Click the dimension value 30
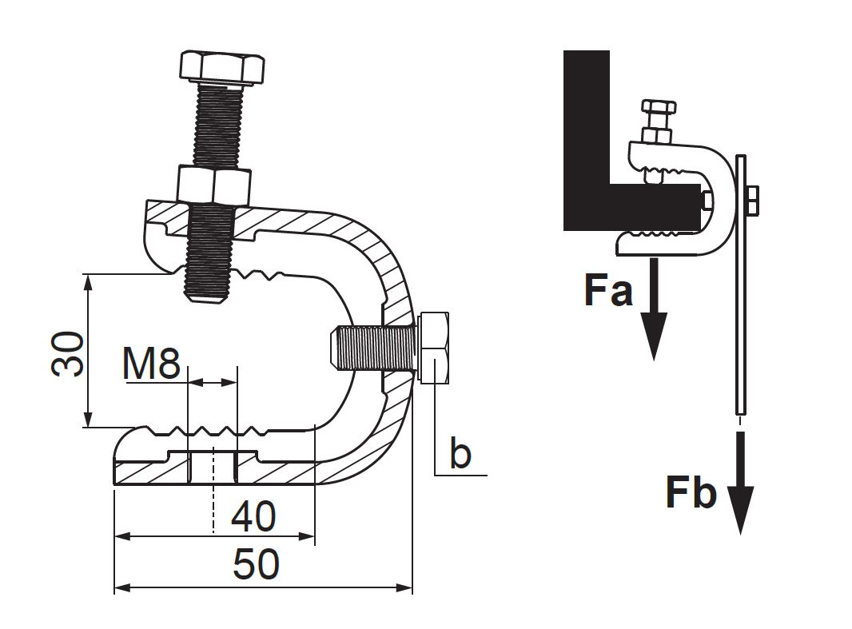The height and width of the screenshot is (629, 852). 68,353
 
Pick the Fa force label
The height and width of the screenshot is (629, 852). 608,291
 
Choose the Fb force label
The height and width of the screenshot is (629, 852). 691,493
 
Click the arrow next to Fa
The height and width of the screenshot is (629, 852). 655,309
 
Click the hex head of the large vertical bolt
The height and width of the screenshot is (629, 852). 222,68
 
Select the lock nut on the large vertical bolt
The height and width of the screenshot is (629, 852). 215,185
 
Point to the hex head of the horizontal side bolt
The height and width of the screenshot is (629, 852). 434,348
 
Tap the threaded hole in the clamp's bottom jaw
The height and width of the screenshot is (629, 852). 213,467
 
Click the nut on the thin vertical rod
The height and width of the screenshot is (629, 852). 753,201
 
